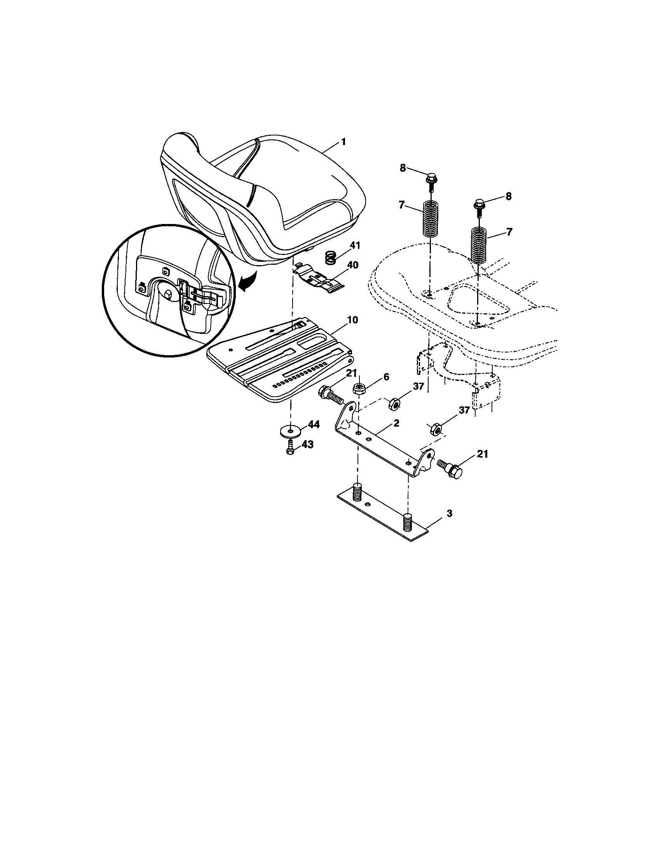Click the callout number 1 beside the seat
coord(343,142)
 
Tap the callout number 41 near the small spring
coord(354,246)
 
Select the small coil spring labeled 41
coord(331,258)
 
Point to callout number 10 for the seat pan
coord(352,320)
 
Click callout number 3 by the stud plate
coord(449,513)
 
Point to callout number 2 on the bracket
coord(396,423)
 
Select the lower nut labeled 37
coord(436,430)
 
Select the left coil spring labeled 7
coord(430,218)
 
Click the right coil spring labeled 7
coord(478,245)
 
